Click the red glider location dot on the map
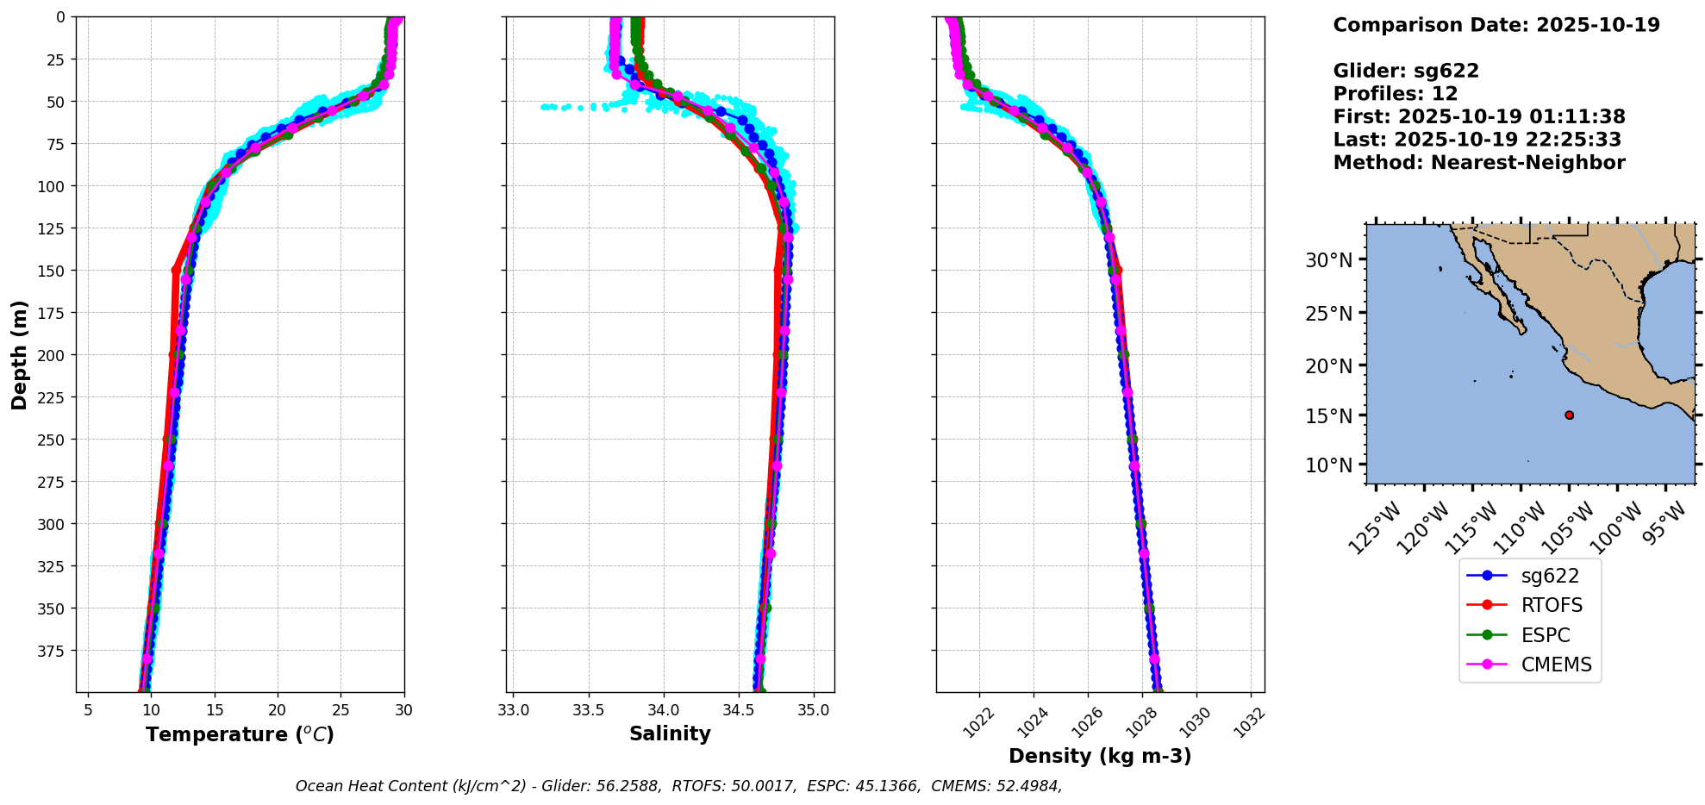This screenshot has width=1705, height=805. tap(1569, 415)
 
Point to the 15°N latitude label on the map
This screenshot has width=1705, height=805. tap(1328, 415)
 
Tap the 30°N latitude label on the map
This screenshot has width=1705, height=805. tap(1328, 259)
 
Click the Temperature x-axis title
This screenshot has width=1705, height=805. tap(240, 735)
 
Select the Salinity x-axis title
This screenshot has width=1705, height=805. tap(670, 734)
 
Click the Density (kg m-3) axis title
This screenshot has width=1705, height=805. tap(1100, 756)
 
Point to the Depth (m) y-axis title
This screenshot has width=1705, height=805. tap(20, 354)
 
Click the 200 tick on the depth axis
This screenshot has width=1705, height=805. tap(53, 355)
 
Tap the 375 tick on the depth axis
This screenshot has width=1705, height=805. tap(53, 651)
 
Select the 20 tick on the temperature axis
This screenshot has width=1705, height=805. tap(278, 710)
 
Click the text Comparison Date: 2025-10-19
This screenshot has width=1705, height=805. tap(1496, 25)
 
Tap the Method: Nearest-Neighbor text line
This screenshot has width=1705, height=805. tap(1479, 163)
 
